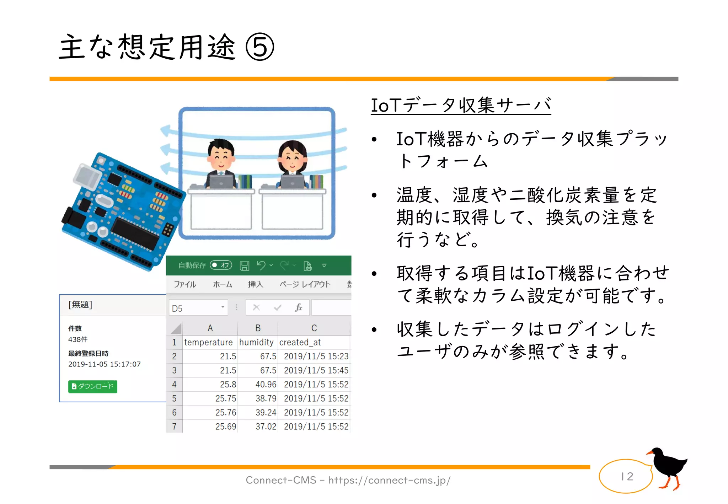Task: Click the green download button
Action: (x=92, y=386)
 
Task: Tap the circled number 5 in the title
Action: (x=260, y=47)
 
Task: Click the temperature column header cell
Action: (x=208, y=342)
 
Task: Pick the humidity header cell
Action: (x=256, y=342)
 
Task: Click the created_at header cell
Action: (x=300, y=342)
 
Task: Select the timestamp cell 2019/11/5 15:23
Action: (x=316, y=356)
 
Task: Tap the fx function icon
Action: (x=298, y=307)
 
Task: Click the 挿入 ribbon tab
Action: (x=255, y=284)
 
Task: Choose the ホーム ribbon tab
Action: (x=223, y=284)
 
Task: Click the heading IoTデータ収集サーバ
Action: (x=461, y=105)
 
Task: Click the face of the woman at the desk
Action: (x=293, y=159)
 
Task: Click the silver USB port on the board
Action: (x=87, y=178)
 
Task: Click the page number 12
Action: (x=627, y=476)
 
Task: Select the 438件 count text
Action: (x=78, y=339)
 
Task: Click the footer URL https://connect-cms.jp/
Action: (x=389, y=480)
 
